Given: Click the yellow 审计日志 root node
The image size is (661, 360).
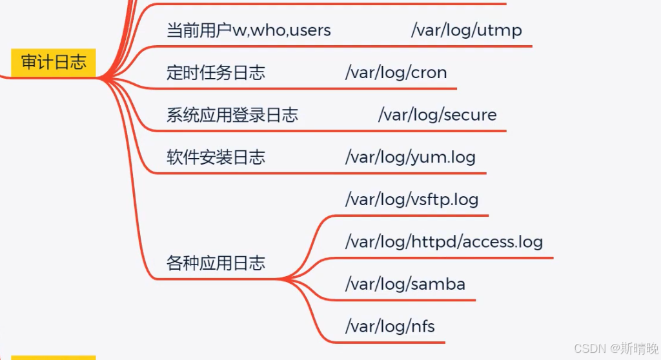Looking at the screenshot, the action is coord(54,63).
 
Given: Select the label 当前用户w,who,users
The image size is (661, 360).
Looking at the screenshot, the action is coord(249,30).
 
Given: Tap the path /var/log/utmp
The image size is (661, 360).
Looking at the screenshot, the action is coord(466,30).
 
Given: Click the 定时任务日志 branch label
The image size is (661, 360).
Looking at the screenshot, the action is coord(216,73).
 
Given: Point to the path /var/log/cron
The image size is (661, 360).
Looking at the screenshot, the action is coord(396,72).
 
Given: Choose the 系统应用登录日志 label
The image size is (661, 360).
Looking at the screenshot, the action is coord(232,115).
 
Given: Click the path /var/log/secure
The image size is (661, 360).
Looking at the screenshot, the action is coord(437,115).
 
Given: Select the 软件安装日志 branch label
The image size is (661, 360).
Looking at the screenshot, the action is coord(216,157).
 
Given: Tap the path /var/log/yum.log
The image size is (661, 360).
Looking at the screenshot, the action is coord(410,157).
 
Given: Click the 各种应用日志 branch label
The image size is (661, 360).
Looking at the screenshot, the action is coord(216,263).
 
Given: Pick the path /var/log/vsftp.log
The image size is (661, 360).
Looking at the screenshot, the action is coord(412,199).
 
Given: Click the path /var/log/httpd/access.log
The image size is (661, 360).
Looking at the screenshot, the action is coord(444,242).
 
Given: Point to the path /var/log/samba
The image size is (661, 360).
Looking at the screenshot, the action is coord(405,284).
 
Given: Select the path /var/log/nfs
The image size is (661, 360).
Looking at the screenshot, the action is coord(390,326).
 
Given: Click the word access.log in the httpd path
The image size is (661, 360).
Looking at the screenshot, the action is coord(503,242).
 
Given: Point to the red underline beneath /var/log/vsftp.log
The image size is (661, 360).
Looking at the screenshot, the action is coord(413,215).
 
